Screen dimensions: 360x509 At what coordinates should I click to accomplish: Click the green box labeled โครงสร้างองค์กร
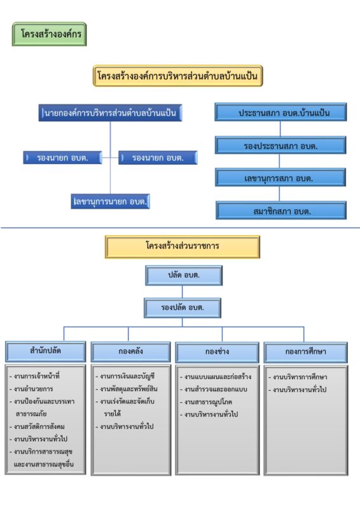(50, 34)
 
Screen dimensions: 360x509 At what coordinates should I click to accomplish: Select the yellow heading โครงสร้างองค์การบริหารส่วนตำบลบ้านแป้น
(177, 76)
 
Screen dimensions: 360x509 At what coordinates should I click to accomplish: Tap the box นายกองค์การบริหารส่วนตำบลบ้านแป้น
(111, 113)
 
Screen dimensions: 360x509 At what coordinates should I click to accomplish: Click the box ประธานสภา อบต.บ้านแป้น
(280, 113)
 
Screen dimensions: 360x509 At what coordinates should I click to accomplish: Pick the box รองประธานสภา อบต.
(280, 146)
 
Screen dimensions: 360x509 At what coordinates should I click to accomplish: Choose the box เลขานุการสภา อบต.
(280, 178)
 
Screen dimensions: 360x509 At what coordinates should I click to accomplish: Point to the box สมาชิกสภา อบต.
(281, 211)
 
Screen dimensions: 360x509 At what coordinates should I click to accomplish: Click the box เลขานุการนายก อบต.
(111, 201)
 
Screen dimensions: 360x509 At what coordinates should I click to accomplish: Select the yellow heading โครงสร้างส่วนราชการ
(183, 247)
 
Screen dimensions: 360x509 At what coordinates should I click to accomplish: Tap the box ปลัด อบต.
(184, 275)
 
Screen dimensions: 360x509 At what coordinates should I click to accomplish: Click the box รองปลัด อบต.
(183, 308)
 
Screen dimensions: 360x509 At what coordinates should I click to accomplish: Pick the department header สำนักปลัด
(45, 352)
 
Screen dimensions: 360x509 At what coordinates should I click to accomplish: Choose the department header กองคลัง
(130, 352)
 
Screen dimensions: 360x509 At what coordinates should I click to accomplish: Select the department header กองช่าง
(217, 352)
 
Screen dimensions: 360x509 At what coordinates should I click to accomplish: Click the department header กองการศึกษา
(305, 352)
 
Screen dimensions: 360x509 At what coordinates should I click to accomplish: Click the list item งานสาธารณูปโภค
(206, 402)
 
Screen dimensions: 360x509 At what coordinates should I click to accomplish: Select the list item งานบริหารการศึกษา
(298, 377)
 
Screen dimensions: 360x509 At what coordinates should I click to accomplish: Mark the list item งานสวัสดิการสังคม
(37, 426)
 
